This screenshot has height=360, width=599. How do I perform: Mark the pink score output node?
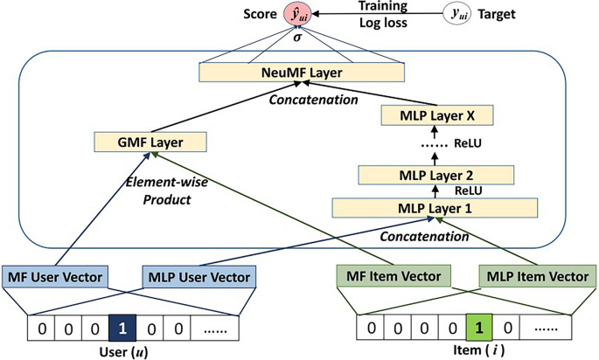[x=297, y=14]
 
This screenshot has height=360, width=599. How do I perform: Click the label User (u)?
[x=122, y=350]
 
